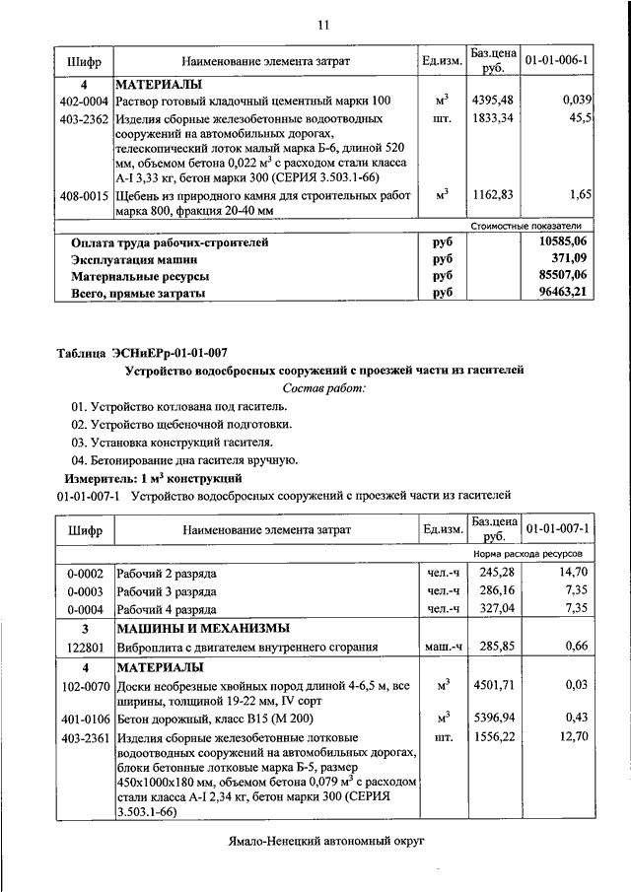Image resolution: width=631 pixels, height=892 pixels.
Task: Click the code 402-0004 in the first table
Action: tap(83, 101)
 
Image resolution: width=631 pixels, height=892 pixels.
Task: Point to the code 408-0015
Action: tap(83, 196)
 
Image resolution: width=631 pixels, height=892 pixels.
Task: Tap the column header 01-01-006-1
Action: tap(556, 61)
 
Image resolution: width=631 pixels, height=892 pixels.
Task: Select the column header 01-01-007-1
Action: tap(556, 529)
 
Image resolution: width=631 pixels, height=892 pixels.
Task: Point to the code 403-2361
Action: tap(84, 736)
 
